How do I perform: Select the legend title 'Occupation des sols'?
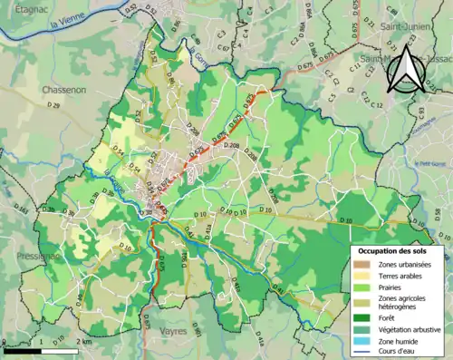pos(395,249)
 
